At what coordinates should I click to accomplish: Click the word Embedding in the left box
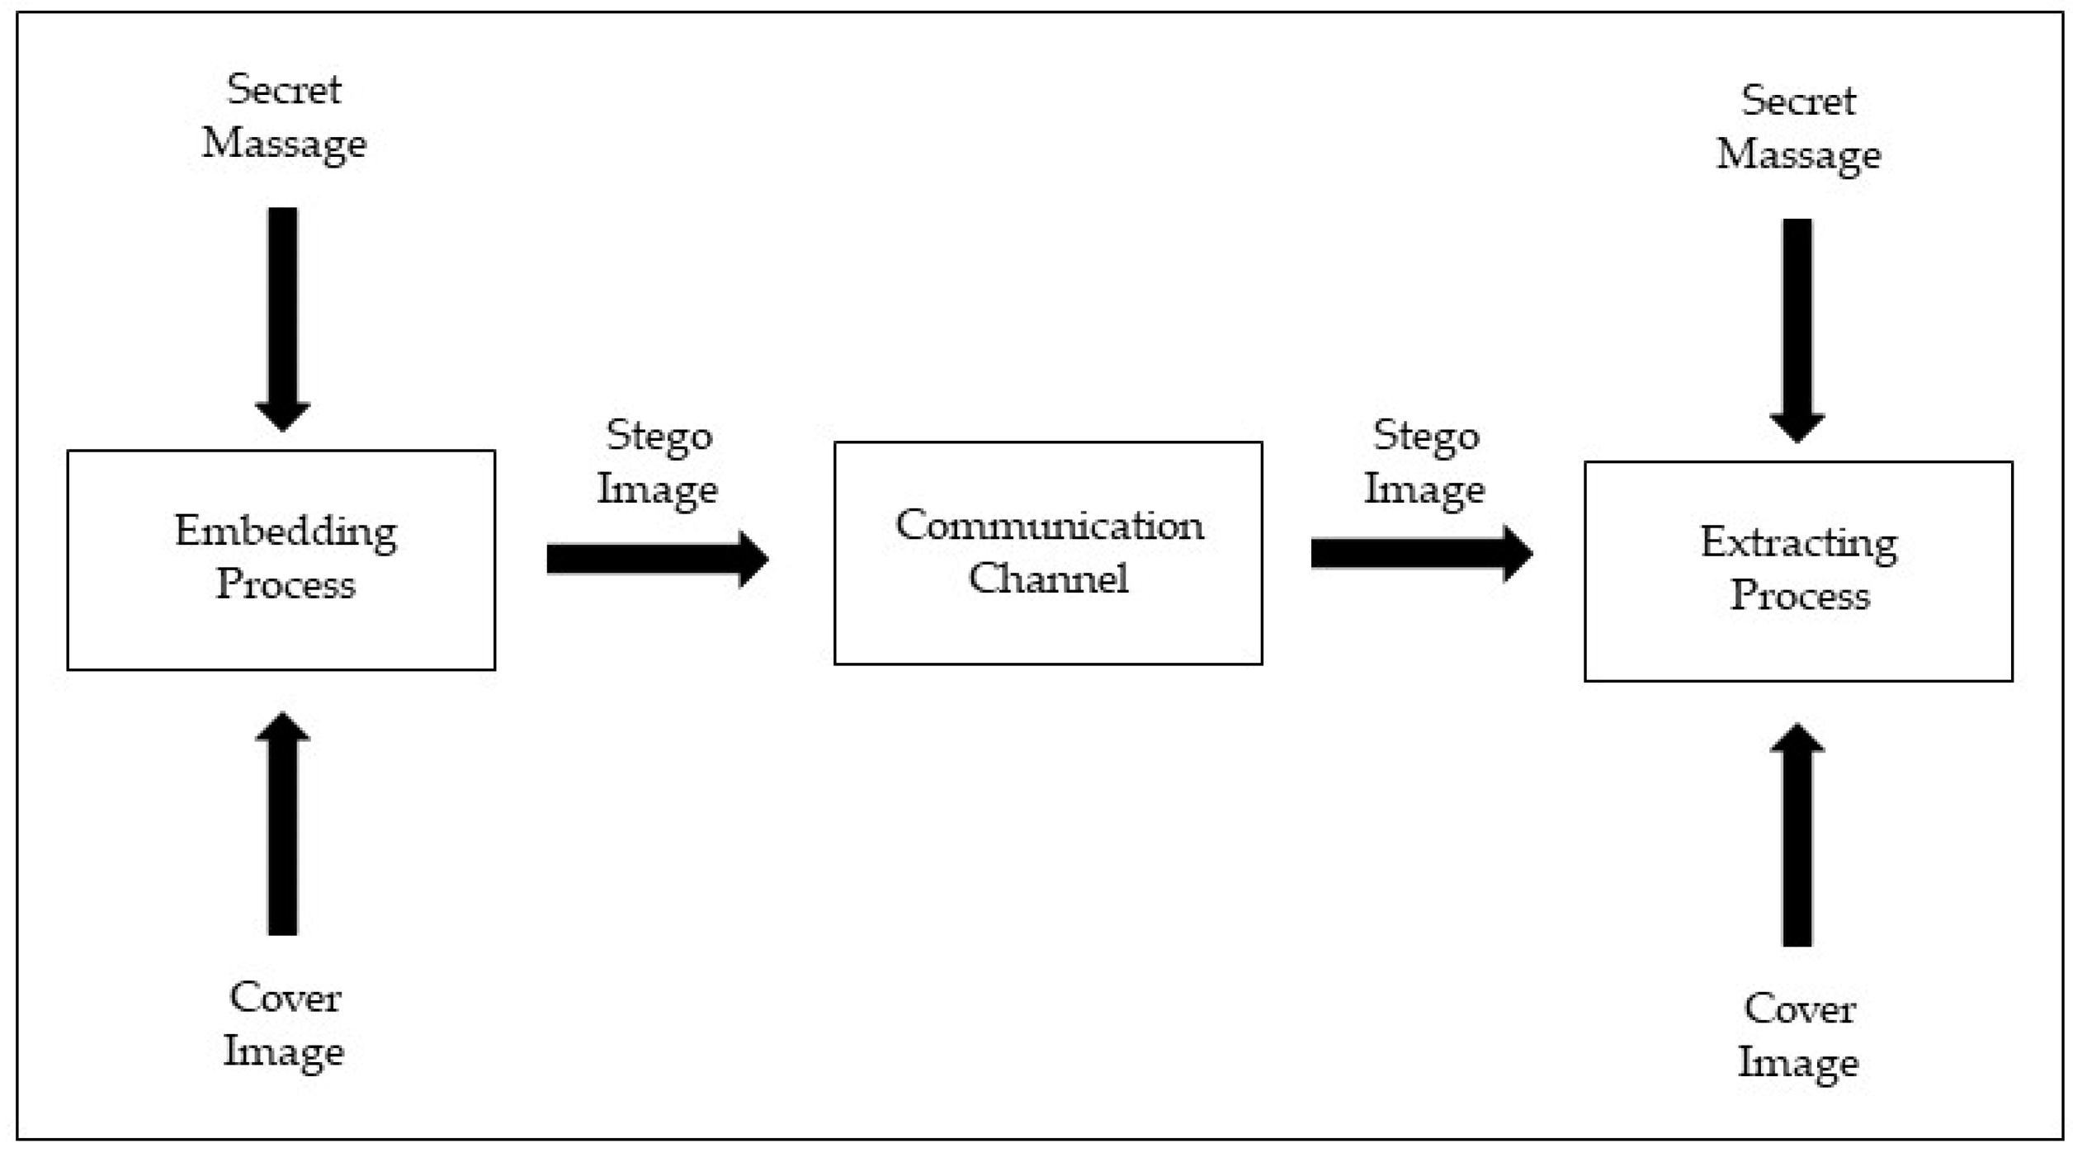(x=286, y=532)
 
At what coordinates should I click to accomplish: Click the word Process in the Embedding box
(x=286, y=584)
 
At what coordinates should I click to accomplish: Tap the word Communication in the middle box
(x=1049, y=525)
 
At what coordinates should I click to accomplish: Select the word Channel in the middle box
(x=1048, y=578)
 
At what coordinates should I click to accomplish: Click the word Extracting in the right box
(x=1798, y=543)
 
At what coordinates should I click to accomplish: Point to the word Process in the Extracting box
(x=1800, y=595)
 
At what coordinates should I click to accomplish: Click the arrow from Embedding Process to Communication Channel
(x=657, y=559)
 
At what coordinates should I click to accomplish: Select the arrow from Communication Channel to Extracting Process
(x=1421, y=553)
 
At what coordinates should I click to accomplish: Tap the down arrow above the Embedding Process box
(x=282, y=318)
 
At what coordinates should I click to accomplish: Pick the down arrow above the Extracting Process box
(x=1797, y=329)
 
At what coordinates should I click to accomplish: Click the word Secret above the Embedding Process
(x=284, y=89)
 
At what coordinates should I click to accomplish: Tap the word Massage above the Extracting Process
(x=1799, y=154)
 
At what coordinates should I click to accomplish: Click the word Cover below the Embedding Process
(x=285, y=998)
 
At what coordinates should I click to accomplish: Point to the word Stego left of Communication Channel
(x=659, y=436)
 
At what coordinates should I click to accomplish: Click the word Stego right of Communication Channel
(x=1425, y=436)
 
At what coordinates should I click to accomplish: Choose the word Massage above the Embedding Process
(x=284, y=144)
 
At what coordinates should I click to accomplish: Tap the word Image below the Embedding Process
(x=284, y=1051)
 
